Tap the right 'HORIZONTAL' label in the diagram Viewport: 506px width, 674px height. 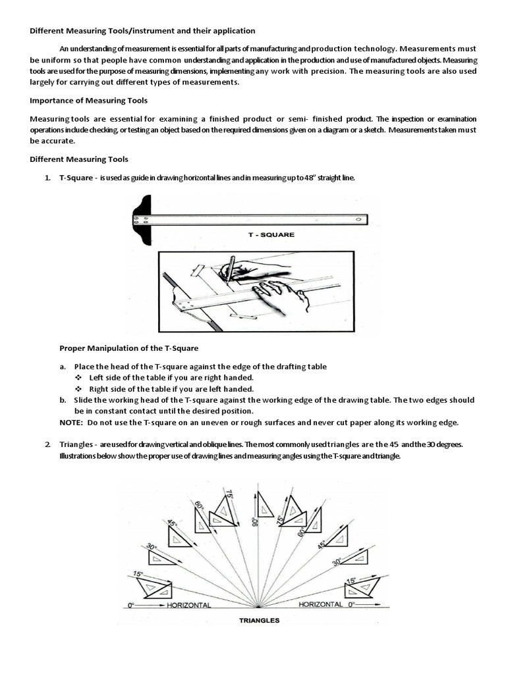(320, 604)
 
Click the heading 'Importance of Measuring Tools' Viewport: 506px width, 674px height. (88, 101)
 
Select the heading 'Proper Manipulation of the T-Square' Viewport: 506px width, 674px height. (128, 348)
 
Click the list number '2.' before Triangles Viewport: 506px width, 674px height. (48, 444)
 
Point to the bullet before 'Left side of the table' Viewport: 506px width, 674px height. (78, 377)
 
